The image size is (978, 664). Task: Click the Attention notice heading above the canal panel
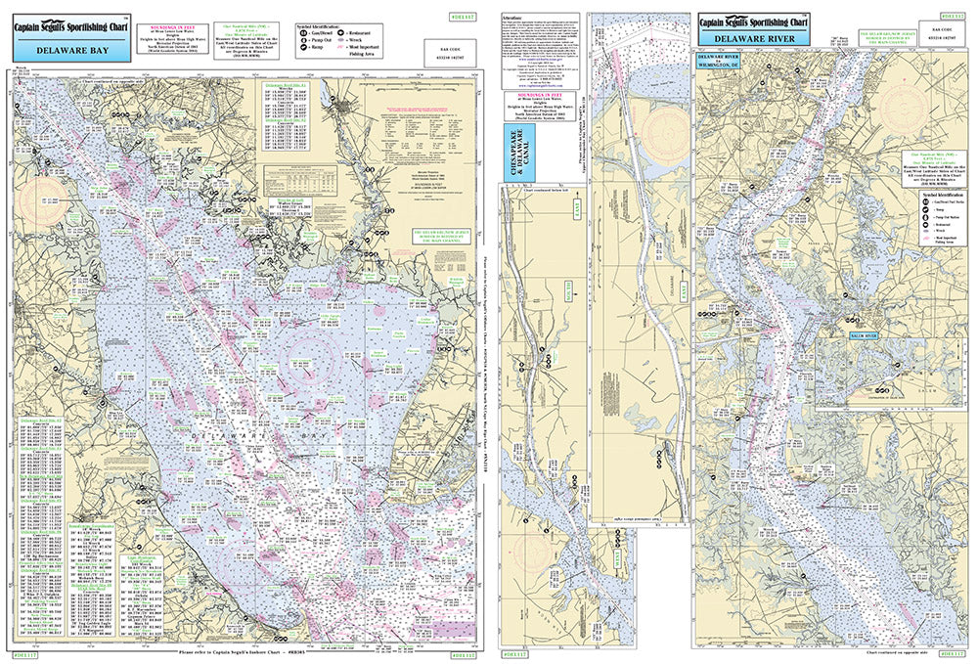510,18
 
